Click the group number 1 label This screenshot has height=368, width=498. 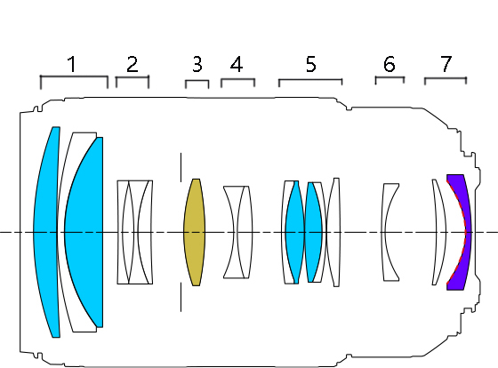click(72, 64)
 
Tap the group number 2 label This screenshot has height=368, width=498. click(133, 64)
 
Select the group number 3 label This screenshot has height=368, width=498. click(197, 64)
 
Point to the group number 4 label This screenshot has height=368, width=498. click(237, 64)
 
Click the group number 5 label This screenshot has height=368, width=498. click(311, 64)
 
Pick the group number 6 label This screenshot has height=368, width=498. click(390, 64)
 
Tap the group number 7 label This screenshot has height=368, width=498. click(446, 64)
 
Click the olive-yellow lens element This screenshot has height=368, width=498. click(195, 232)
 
